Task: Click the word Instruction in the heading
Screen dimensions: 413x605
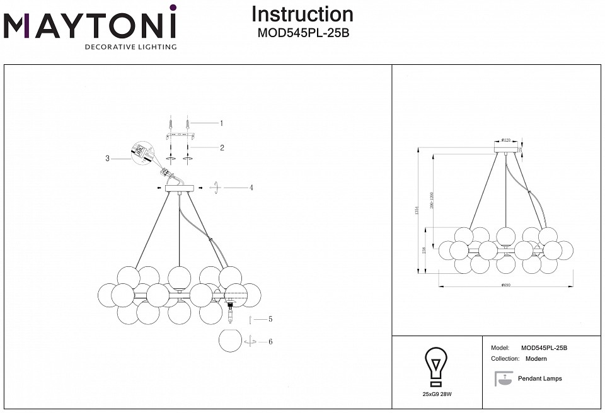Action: click(x=302, y=14)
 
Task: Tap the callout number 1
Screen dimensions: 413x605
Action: click(x=221, y=123)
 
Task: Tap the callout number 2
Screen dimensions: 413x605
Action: click(x=222, y=148)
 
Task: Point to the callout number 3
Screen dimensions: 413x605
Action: click(x=108, y=159)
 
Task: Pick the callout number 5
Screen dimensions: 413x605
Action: click(x=270, y=319)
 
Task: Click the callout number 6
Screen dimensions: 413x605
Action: click(x=270, y=342)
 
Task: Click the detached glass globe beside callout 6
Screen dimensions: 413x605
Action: click(x=230, y=341)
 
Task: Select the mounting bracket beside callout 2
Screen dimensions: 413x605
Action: click(x=181, y=135)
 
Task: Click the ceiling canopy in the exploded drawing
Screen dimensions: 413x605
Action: click(x=180, y=188)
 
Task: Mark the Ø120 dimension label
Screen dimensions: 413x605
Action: click(x=506, y=140)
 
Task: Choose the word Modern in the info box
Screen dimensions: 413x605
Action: click(x=536, y=359)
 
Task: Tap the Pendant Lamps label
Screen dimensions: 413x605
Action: click(x=539, y=378)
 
